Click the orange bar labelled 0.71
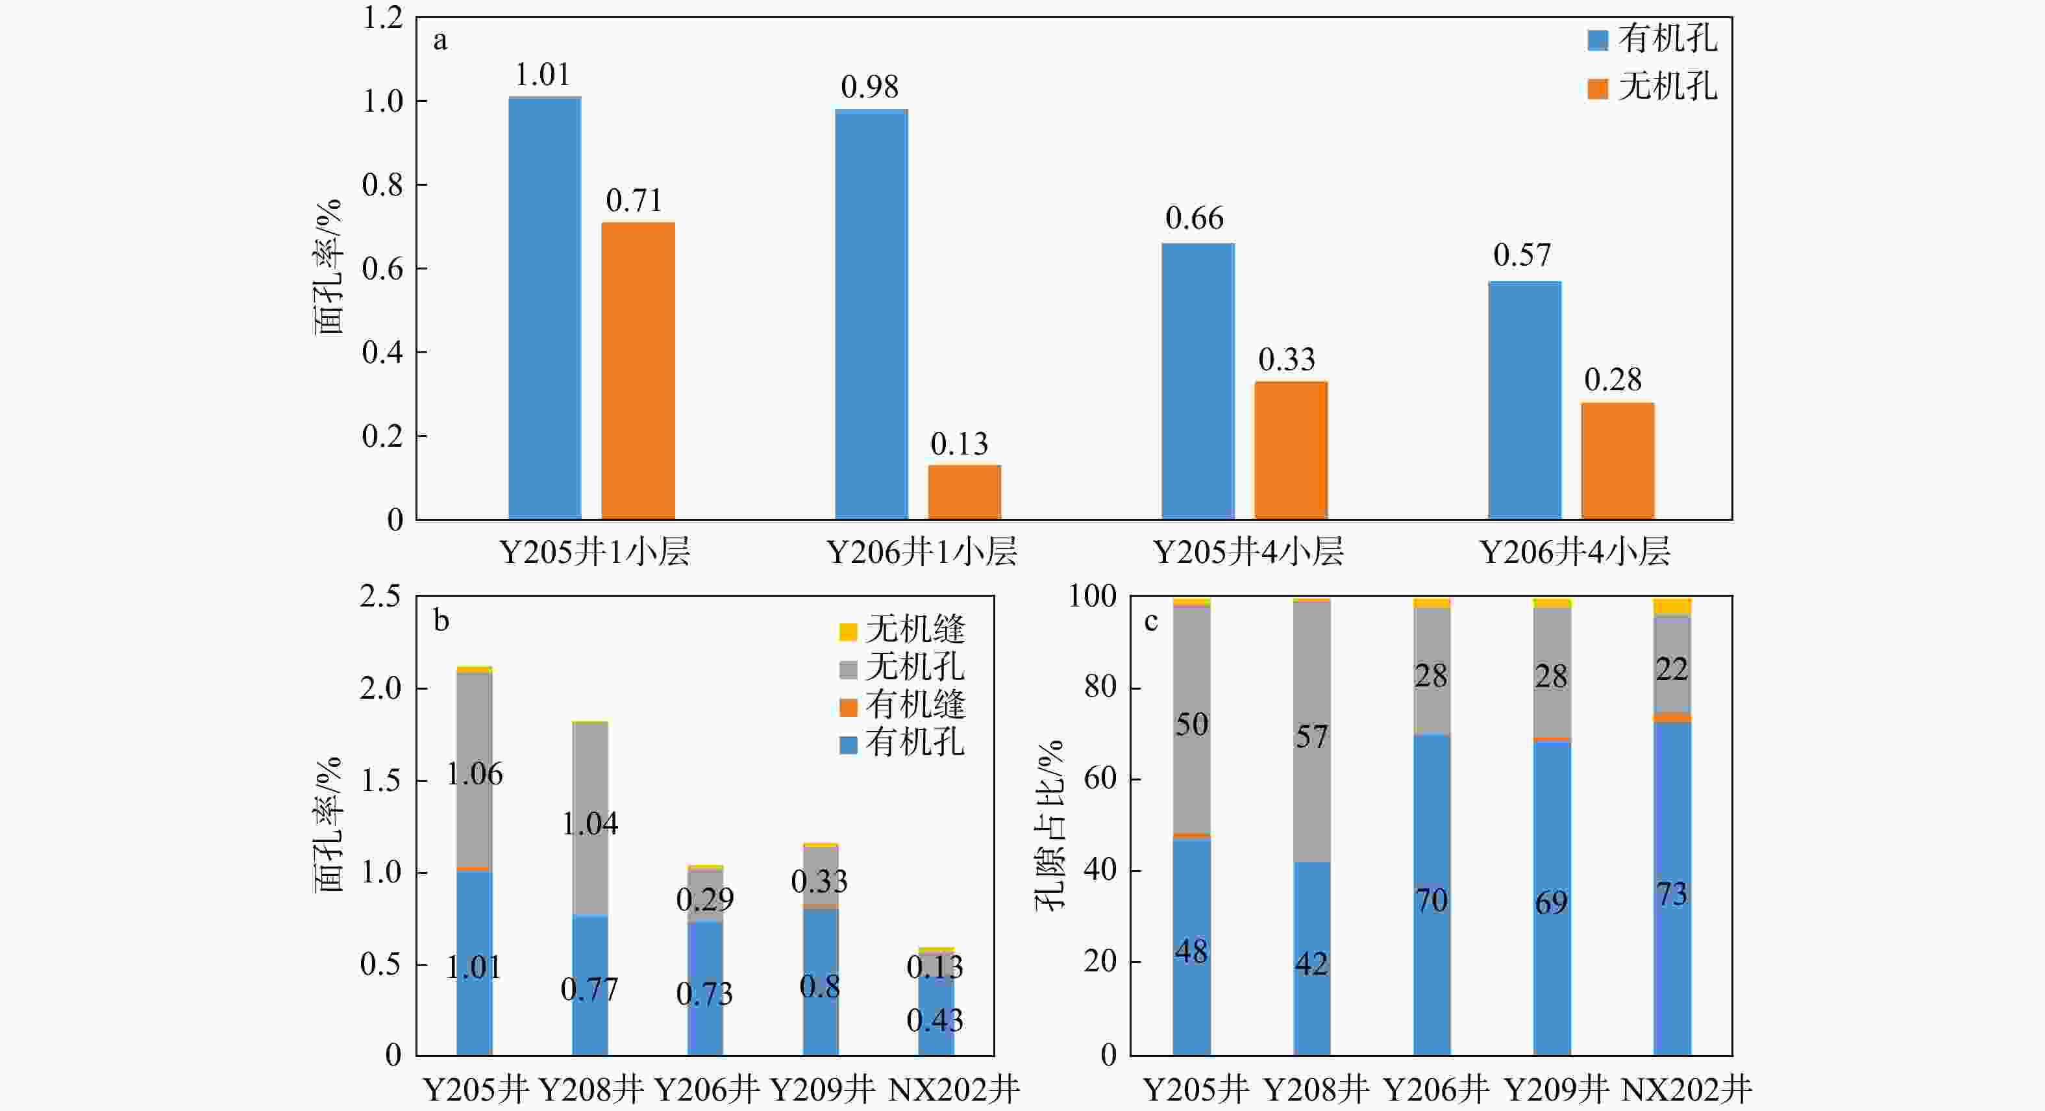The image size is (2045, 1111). (x=638, y=370)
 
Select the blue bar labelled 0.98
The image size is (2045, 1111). (x=871, y=314)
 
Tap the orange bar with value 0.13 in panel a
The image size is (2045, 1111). (x=964, y=492)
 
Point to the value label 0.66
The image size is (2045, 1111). (x=1194, y=218)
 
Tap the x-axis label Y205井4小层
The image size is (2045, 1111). (x=1247, y=551)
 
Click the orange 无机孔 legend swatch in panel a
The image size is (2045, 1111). (x=1597, y=88)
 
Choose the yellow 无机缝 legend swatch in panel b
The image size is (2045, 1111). (x=848, y=631)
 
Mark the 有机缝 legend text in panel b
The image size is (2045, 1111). (x=915, y=705)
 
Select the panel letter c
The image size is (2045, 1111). (x=1150, y=621)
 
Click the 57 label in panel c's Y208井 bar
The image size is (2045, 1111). (x=1311, y=737)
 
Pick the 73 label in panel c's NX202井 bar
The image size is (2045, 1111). (x=1671, y=895)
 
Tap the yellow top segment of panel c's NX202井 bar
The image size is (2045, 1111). (x=1672, y=606)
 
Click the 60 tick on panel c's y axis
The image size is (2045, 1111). (x=1100, y=779)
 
